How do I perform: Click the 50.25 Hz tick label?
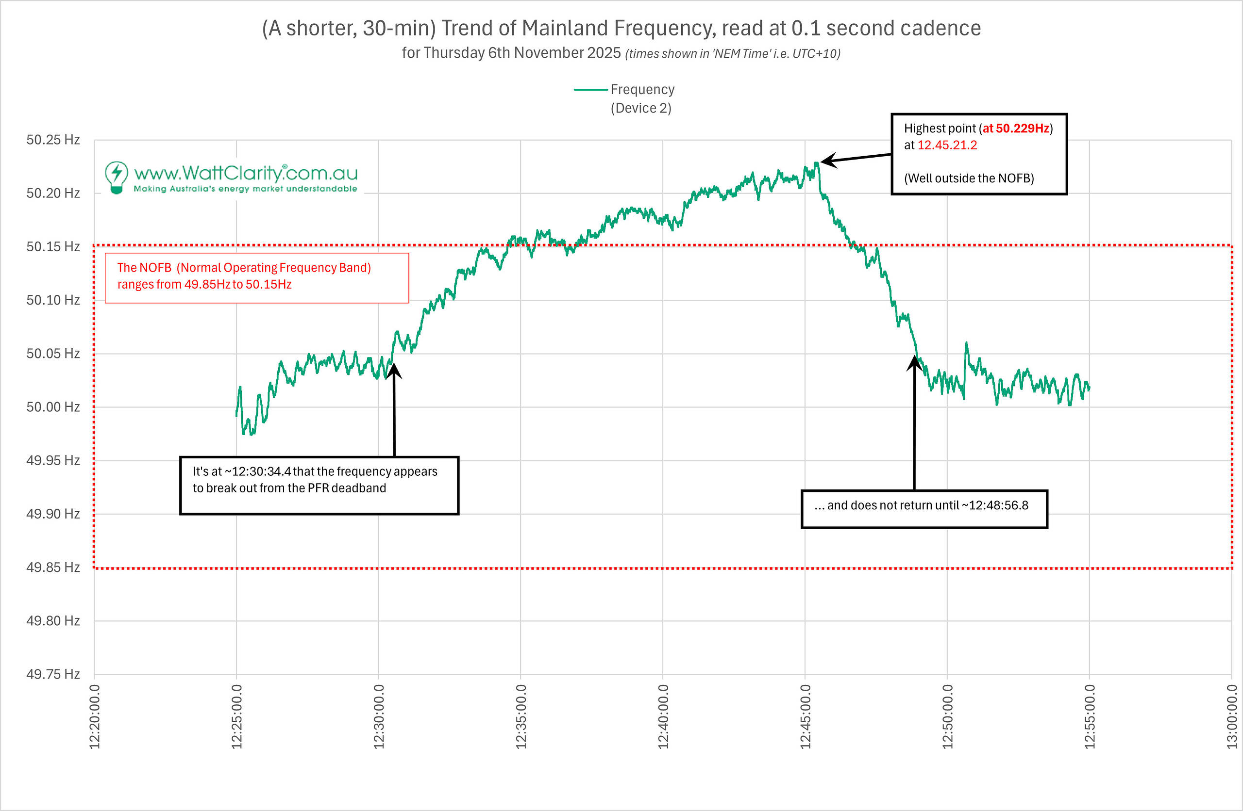[53, 140]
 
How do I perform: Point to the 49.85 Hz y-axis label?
[53, 568]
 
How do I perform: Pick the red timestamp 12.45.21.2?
[947, 145]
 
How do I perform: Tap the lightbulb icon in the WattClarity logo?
[117, 177]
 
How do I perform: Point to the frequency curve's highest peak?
[816, 163]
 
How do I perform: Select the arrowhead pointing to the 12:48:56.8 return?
[914, 361]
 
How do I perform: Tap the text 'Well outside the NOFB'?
[969, 178]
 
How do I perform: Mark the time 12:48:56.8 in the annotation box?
[998, 505]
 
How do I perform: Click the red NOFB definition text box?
[256, 277]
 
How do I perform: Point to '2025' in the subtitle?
[604, 53]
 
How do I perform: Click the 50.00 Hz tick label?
[53, 407]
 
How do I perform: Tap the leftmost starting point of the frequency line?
[236, 415]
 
